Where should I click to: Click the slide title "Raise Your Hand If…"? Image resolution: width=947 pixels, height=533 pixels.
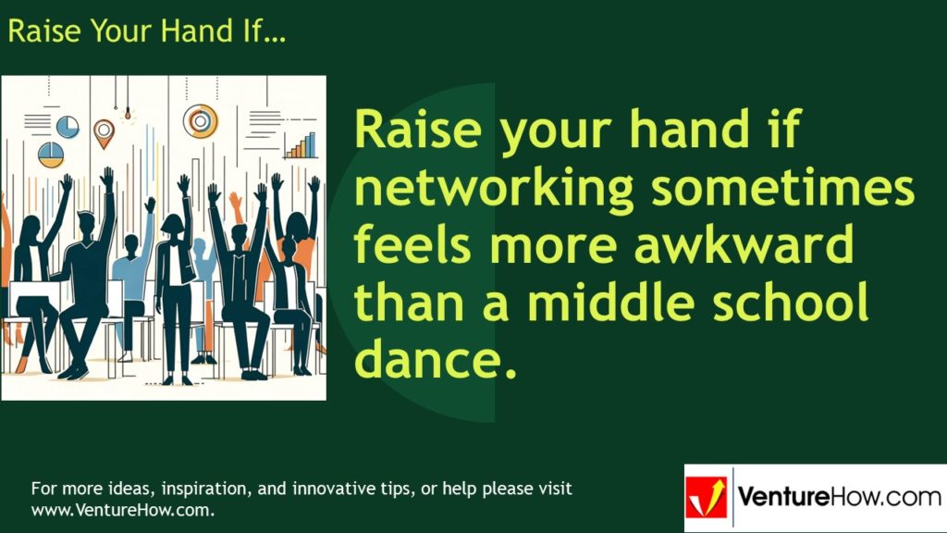147,31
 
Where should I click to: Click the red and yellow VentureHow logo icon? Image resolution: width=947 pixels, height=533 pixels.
707,499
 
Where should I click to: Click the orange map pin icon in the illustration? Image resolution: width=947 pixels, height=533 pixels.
104,131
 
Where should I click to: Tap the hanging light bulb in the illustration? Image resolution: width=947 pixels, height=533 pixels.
129,114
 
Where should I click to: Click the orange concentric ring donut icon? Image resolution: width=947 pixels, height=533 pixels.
200,119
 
